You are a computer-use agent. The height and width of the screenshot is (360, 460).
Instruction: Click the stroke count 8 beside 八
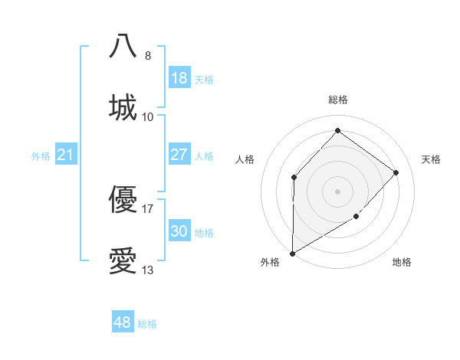tap(148, 56)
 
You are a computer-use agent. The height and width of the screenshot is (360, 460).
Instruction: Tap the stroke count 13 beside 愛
tap(148, 270)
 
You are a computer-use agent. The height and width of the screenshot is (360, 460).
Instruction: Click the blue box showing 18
tap(179, 78)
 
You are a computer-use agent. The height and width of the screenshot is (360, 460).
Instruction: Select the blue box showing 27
tap(179, 155)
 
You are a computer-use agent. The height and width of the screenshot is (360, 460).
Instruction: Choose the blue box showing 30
tap(179, 231)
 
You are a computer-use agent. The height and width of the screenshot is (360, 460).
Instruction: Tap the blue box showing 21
tap(66, 155)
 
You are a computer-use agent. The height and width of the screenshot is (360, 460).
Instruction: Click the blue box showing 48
tap(123, 322)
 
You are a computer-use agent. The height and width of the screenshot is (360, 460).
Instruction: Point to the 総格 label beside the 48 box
tap(147, 324)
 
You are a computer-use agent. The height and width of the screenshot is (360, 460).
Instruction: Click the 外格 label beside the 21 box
tap(41, 156)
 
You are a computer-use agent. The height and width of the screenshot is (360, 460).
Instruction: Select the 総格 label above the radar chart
tap(337, 100)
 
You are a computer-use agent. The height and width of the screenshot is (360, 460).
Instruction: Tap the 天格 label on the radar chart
tap(431, 159)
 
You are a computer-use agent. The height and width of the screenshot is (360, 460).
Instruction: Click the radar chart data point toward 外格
tap(292, 253)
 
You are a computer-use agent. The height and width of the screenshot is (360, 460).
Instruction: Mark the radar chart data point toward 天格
tap(396, 172)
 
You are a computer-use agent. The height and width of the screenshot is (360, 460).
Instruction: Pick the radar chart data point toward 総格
tap(337, 131)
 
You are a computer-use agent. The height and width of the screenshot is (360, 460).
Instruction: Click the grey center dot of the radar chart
tap(337, 191)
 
